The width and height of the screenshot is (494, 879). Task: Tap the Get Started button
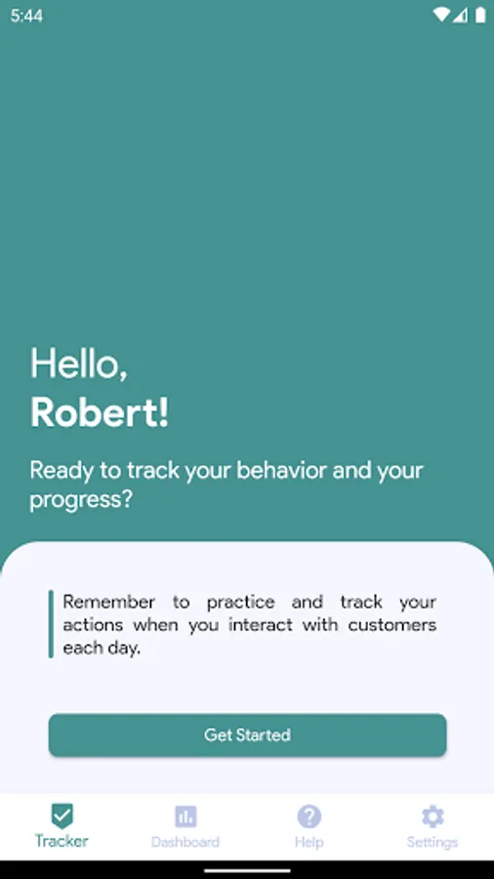[x=247, y=734]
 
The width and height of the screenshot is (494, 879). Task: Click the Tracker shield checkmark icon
[x=62, y=816]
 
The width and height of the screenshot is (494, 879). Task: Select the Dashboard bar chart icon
[x=185, y=816]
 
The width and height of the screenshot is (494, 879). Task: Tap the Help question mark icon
[x=309, y=816]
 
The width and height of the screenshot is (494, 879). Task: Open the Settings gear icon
[x=432, y=816]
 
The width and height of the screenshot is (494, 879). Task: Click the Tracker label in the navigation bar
[x=62, y=841]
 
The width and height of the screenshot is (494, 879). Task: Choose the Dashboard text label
[x=185, y=842]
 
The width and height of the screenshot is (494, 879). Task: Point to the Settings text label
[x=432, y=842]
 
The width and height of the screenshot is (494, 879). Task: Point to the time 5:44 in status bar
[x=26, y=16]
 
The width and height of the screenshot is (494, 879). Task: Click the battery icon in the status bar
[x=480, y=15]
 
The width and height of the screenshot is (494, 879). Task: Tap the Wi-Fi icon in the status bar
[x=442, y=15]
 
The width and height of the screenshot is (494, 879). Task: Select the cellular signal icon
[x=461, y=15]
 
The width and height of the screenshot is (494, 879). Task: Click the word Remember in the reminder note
[x=108, y=602]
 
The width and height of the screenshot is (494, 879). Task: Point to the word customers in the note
[x=392, y=625]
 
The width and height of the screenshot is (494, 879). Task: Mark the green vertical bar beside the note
[x=51, y=623]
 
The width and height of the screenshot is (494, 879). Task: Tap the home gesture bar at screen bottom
[x=247, y=871]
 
